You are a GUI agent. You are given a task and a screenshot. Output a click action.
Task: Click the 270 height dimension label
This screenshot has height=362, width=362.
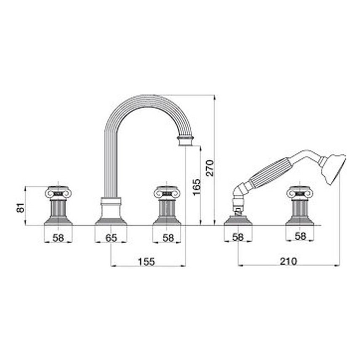click(210, 168)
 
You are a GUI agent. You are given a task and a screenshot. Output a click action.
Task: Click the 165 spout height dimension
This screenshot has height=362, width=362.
click(197, 187)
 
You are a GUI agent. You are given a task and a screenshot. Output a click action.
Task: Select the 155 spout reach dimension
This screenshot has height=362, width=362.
click(146, 261)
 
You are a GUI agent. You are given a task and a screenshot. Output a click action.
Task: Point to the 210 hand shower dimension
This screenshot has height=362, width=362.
click(288, 261)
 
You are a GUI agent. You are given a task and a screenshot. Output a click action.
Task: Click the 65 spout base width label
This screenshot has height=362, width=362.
click(111, 238)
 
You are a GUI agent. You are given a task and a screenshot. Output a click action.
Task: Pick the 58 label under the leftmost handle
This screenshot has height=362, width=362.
click(58, 238)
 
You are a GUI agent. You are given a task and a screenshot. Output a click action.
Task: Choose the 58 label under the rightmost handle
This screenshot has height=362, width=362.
click(301, 236)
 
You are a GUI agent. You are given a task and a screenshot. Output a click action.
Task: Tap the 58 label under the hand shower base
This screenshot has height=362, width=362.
click(238, 237)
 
